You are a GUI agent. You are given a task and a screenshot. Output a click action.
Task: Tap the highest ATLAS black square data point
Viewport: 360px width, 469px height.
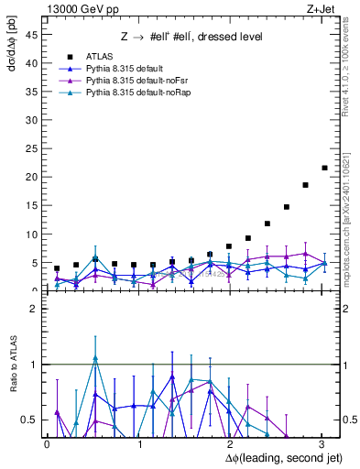tap(324, 168)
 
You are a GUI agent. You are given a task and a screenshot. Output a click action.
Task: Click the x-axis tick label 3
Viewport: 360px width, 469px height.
tap(321, 443)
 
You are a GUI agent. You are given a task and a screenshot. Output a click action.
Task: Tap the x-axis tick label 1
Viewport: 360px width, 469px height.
tap(138, 443)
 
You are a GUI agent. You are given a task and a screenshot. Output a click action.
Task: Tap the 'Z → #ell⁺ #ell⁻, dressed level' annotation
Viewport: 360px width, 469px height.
tap(192, 37)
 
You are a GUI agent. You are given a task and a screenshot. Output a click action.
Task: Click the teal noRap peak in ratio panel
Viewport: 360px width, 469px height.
tap(95, 357)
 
